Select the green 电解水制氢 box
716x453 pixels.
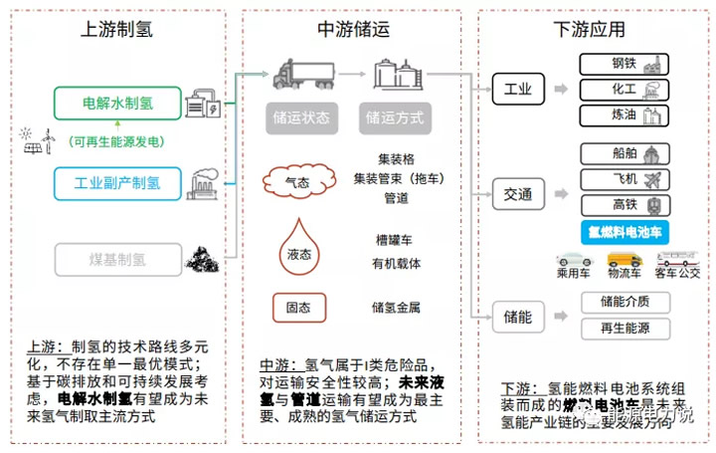coord(118,103)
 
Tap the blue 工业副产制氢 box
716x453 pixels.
coord(118,183)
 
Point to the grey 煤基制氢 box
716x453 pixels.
coord(118,260)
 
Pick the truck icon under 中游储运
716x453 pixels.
coord(297,76)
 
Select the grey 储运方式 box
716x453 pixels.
coord(395,117)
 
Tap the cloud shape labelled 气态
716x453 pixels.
coord(297,183)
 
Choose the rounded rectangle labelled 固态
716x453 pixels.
coord(299,307)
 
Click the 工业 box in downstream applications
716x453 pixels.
coord(520,90)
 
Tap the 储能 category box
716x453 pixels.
coord(520,319)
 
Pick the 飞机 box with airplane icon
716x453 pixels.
coord(624,180)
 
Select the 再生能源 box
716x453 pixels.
coord(624,328)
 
